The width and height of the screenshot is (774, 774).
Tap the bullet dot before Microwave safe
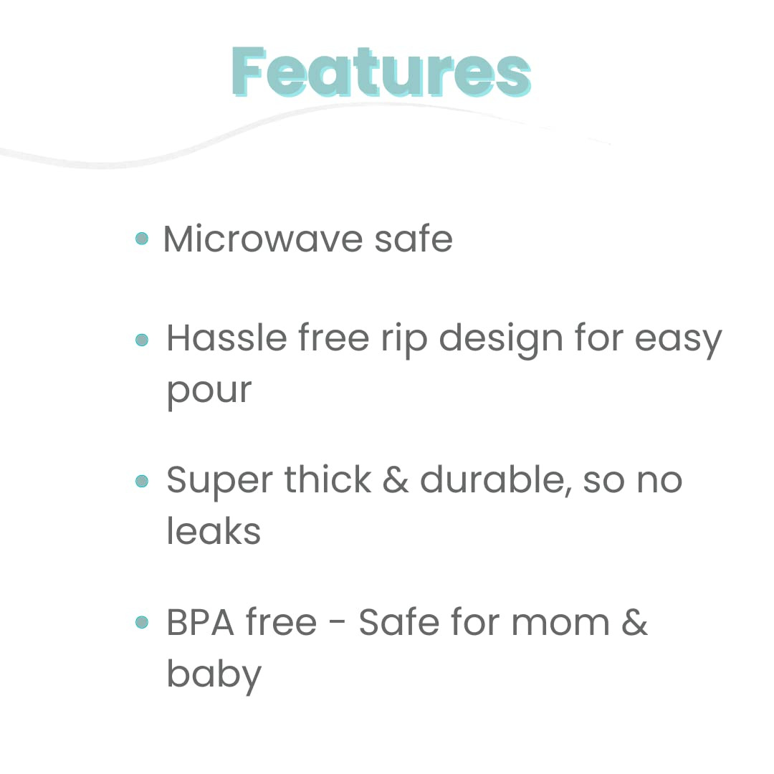click(x=142, y=238)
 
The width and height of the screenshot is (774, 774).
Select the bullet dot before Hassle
click(x=142, y=339)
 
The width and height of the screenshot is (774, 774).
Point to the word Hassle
click(x=226, y=338)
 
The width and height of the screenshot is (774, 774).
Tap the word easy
click(x=678, y=340)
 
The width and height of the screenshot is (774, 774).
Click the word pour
click(x=209, y=391)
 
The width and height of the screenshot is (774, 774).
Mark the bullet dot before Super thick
click(x=142, y=481)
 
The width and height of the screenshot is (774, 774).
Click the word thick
click(x=328, y=479)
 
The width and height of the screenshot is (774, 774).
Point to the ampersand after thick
click(x=395, y=480)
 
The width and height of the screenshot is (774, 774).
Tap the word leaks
click(x=213, y=531)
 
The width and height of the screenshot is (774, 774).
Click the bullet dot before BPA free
click(x=142, y=622)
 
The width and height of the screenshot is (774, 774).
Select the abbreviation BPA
click(x=200, y=622)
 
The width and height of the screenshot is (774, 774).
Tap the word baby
click(x=214, y=675)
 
